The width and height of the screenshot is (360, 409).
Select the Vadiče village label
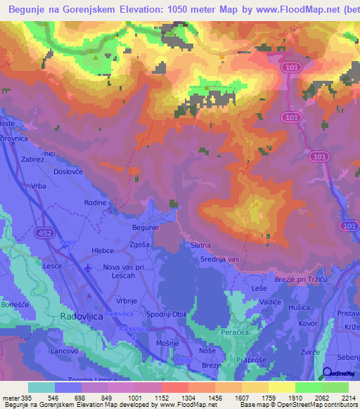point(270,301)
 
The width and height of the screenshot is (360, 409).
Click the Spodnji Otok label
point(166,313)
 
